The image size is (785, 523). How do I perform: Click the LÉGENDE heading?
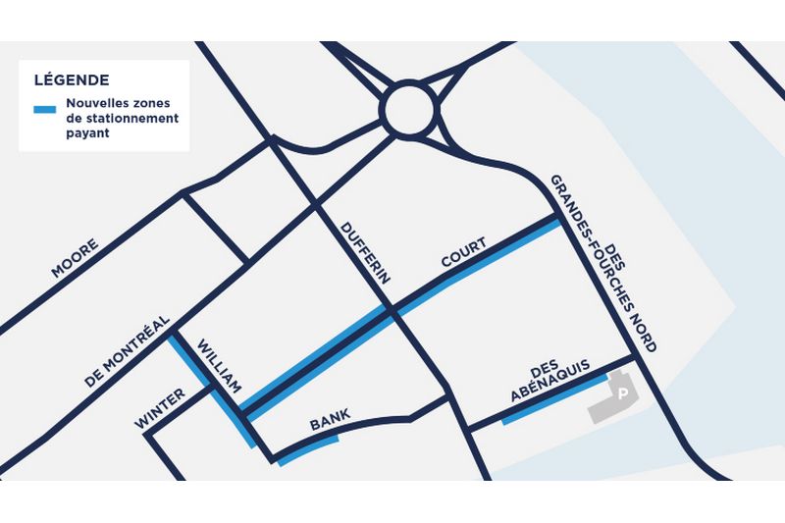tap(72, 79)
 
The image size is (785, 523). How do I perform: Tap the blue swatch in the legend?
tap(44, 109)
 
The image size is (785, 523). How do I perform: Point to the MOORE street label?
tap(75, 258)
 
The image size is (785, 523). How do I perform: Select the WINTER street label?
tap(161, 409)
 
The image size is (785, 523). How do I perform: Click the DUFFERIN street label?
tap(366, 253)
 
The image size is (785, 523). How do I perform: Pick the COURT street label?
tap(463, 252)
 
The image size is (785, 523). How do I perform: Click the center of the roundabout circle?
tap(407, 110)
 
